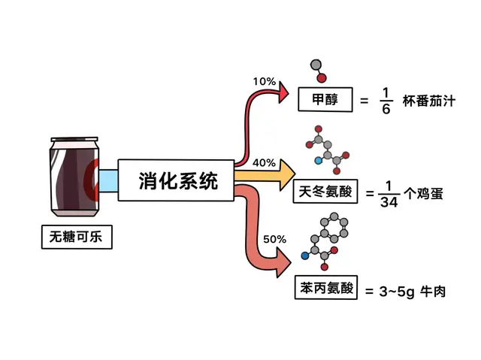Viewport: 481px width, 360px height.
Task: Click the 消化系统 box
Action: point(177,180)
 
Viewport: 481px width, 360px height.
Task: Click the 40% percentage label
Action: point(264,162)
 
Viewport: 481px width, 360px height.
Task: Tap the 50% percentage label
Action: point(274,239)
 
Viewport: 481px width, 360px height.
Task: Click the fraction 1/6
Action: point(386,100)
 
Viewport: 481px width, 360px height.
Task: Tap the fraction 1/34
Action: point(387,194)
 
